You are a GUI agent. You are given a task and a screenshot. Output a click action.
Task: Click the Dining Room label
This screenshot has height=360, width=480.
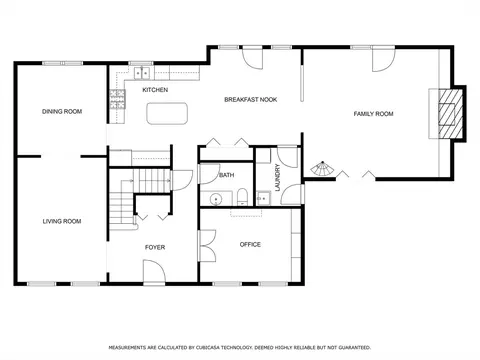point(62,111)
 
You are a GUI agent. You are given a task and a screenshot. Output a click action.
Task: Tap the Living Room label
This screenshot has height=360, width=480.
point(62,221)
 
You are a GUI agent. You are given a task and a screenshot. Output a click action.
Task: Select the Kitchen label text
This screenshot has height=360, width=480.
point(155,90)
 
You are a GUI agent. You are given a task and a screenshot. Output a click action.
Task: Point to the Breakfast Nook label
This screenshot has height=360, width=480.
point(251,99)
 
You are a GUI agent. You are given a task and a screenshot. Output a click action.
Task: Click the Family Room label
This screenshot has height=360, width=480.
point(373,114)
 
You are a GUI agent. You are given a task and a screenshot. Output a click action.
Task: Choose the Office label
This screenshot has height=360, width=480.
point(250,244)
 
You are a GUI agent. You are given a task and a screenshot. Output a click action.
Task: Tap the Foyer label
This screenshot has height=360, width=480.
point(155,247)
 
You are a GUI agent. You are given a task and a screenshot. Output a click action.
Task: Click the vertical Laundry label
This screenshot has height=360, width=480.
point(277,177)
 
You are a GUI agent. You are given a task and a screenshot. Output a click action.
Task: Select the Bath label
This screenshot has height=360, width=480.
point(227,175)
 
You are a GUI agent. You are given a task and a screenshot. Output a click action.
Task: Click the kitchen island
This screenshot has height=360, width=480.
point(167,114)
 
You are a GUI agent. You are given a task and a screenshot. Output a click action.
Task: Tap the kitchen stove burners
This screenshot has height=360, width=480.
point(118,100)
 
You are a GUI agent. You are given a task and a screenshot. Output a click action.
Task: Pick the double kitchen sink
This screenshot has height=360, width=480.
point(142,73)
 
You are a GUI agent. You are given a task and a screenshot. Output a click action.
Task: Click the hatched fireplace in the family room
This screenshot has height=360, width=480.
point(451,113)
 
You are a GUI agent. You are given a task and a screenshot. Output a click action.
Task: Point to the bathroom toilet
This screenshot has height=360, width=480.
point(242,197)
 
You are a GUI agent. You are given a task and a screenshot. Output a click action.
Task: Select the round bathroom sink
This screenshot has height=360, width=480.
point(216,199)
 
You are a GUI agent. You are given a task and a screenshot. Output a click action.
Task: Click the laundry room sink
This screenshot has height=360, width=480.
point(264,198)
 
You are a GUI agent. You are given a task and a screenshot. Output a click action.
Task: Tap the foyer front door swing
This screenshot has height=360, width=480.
point(154,272)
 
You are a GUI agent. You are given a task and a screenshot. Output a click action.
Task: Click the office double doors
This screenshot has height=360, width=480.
point(207,246)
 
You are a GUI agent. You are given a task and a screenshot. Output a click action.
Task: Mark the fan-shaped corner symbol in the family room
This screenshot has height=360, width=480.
point(322,169)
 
